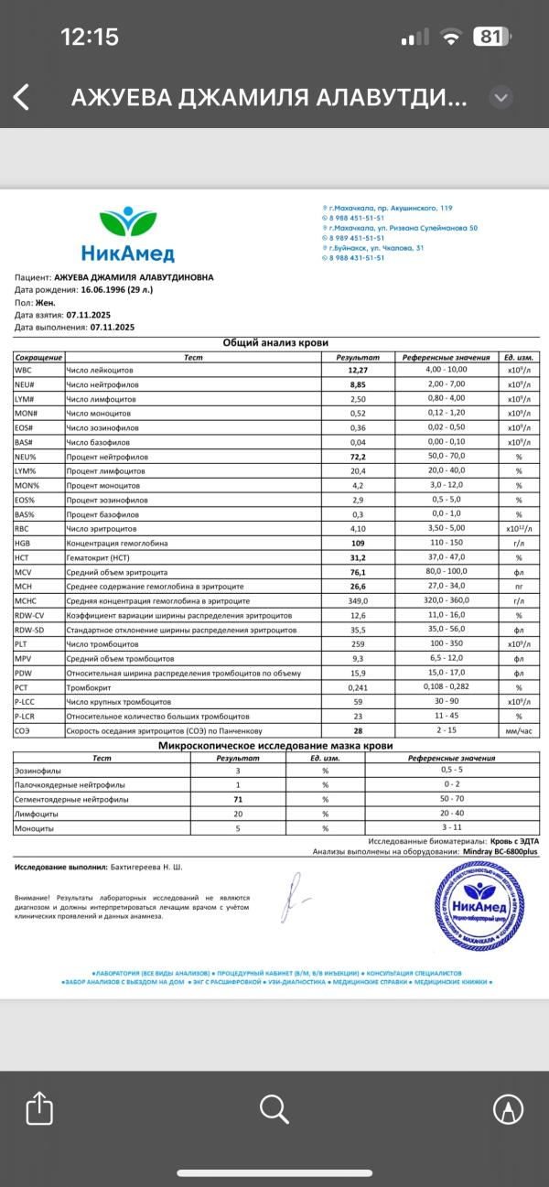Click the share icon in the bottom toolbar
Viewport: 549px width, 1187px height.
point(38,1108)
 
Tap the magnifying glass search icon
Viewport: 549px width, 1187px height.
point(274,1108)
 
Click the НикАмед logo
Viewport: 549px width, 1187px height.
point(128,235)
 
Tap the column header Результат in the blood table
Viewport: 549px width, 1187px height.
point(356,356)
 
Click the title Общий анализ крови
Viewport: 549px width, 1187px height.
point(274,342)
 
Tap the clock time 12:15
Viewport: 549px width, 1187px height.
point(89,38)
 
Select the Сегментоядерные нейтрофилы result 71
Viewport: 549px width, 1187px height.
point(238,799)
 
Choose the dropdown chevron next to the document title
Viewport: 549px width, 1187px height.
point(500,97)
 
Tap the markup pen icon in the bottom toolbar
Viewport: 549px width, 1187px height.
point(508,1108)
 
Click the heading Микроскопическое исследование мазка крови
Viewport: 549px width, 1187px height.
point(274,746)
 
